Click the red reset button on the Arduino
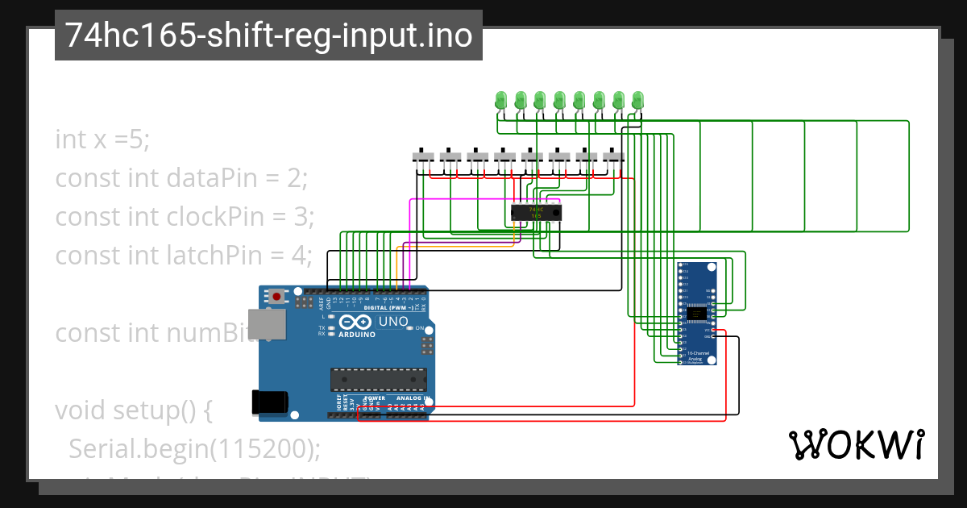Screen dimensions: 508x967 tap(277, 296)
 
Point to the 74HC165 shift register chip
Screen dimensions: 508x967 tap(536, 213)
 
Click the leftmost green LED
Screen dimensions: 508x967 tap(500, 101)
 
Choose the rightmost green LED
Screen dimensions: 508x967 tap(638, 101)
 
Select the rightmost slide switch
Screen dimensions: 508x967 tap(614, 156)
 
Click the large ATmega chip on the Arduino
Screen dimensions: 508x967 tap(379, 378)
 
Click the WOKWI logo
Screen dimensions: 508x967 tap(856, 444)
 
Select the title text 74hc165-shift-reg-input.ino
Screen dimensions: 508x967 tap(268, 35)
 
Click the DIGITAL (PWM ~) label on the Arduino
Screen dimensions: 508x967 tap(388, 307)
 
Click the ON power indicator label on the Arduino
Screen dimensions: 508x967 tap(419, 328)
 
